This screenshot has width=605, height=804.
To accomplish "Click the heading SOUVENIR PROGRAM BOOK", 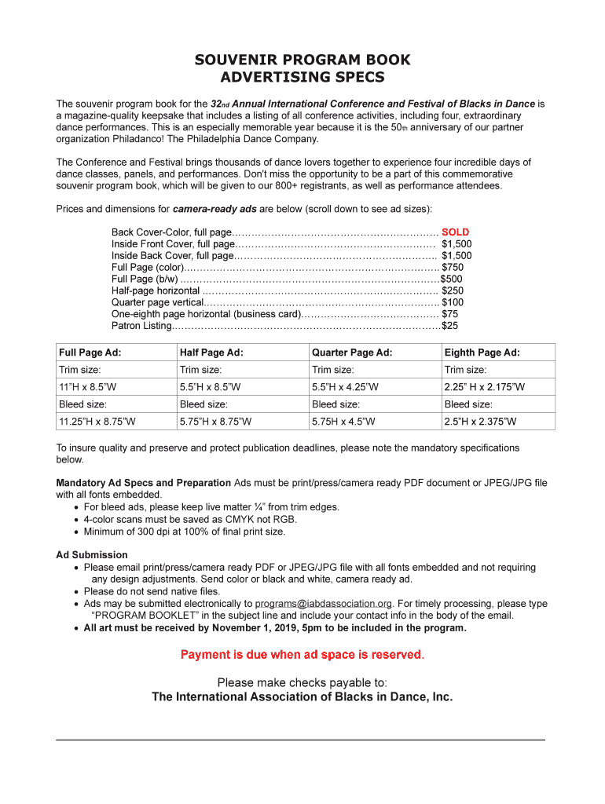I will (x=302, y=60).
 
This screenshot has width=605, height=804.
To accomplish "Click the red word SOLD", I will (x=455, y=232).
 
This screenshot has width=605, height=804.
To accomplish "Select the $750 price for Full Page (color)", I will (x=452, y=267).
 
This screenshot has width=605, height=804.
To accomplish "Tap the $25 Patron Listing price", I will (x=449, y=325).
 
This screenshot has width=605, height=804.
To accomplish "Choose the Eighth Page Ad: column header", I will (x=482, y=353).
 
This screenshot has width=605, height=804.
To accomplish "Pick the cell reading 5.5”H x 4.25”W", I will (x=345, y=387).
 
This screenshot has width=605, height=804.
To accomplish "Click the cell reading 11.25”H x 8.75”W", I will (x=97, y=422).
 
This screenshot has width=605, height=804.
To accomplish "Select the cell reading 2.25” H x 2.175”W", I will (x=484, y=387).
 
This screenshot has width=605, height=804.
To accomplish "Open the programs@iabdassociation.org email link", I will (x=323, y=604).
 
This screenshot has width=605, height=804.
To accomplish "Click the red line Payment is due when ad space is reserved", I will (x=302, y=654).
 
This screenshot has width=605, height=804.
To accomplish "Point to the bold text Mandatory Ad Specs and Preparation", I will (x=143, y=482).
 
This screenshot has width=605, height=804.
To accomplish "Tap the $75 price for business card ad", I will (x=449, y=313).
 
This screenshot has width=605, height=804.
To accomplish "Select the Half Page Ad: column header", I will (x=211, y=353).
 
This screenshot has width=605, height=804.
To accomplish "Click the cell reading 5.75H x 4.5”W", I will (x=343, y=422).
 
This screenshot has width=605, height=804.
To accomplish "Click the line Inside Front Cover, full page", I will (x=171, y=244).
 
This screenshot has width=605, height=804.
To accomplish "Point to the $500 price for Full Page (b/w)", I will (x=451, y=279).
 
